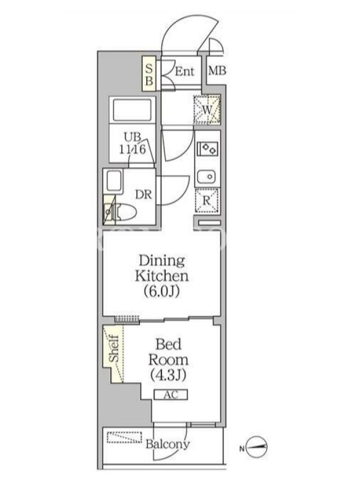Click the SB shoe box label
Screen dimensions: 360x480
click(x=149, y=74)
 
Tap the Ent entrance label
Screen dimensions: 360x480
click(x=185, y=71)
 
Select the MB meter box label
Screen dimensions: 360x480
click(x=217, y=71)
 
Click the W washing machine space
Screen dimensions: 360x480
click(x=207, y=110)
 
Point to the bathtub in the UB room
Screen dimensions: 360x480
click(x=133, y=110)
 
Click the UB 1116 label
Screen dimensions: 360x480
click(x=133, y=143)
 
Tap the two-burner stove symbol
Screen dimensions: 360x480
click(x=207, y=149)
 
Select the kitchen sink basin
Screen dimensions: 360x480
click(x=206, y=176)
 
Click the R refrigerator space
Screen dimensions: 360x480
click(x=206, y=201)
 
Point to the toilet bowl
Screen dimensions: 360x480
click(x=125, y=212)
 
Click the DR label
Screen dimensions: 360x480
click(x=143, y=194)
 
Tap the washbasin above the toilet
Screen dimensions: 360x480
click(x=114, y=181)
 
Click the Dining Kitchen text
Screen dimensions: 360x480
click(x=162, y=268)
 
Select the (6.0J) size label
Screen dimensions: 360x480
click(x=161, y=292)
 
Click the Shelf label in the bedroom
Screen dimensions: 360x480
click(x=114, y=349)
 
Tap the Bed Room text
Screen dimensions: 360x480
click(x=168, y=352)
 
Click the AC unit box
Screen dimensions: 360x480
click(x=170, y=395)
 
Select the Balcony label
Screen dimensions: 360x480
click(x=167, y=444)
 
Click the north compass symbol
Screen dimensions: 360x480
click(x=257, y=447)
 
